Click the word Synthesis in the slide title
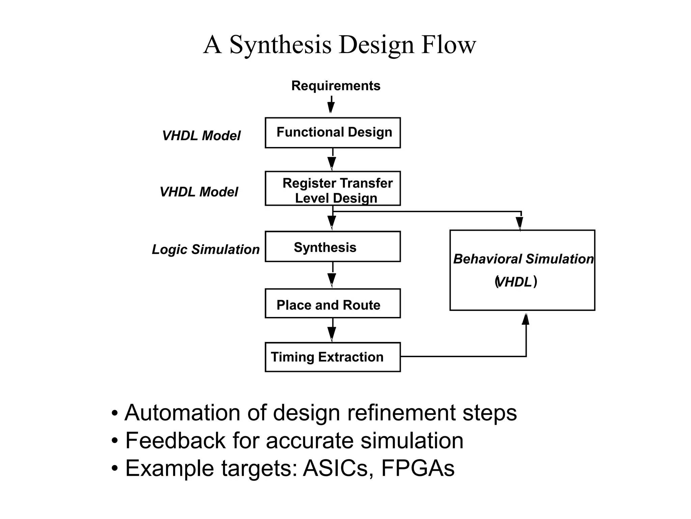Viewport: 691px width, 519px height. pyautogui.click(x=280, y=45)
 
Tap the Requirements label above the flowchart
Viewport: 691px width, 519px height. pyautogui.click(x=336, y=86)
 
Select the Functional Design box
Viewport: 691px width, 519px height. pyautogui.click(x=333, y=132)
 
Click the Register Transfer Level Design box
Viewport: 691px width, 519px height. pyautogui.click(x=333, y=189)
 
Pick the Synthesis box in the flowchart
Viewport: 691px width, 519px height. pyautogui.click(x=333, y=247)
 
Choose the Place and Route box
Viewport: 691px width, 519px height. pyautogui.click(x=333, y=303)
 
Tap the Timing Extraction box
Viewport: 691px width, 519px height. pyautogui.click(x=333, y=357)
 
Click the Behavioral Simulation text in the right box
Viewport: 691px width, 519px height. pyautogui.click(x=523, y=259)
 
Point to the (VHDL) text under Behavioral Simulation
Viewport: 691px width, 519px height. pyautogui.click(x=516, y=282)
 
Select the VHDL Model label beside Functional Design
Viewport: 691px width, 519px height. pyautogui.click(x=201, y=136)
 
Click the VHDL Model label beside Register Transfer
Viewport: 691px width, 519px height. pyautogui.click(x=199, y=192)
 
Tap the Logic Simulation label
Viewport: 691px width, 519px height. pyautogui.click(x=206, y=249)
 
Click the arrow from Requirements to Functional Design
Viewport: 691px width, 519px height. pyautogui.click(x=331, y=105)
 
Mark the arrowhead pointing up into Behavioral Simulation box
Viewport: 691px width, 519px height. pyautogui.click(x=526, y=319)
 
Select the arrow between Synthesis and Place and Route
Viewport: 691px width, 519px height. pyautogui.click(x=332, y=275)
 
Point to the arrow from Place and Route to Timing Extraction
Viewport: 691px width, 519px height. pyautogui.click(x=332, y=330)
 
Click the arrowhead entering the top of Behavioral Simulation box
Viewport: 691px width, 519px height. pyautogui.click(x=520, y=223)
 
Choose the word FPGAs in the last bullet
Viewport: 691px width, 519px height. pyautogui.click(x=418, y=468)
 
